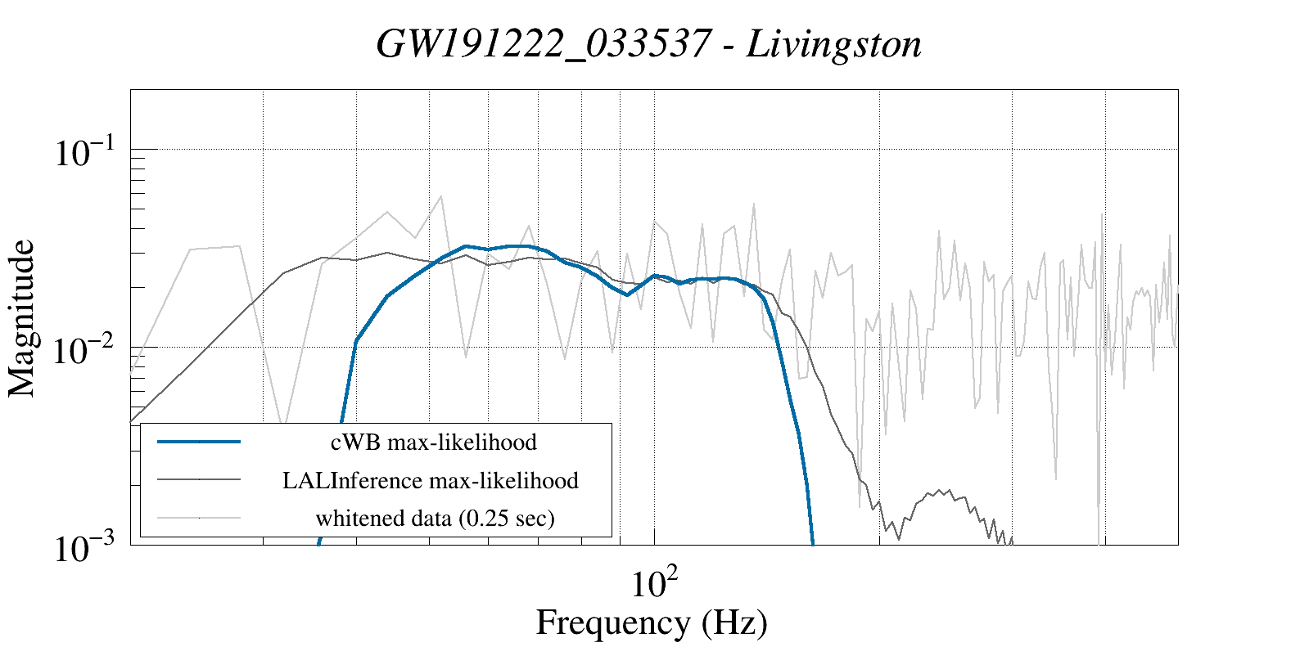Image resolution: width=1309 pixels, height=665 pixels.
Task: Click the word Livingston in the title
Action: pos(833,44)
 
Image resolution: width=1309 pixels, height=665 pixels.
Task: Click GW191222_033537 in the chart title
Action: pos(543,44)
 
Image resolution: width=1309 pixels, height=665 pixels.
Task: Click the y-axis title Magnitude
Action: pos(22,319)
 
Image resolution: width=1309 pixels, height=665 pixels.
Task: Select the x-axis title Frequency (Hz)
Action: pos(652,622)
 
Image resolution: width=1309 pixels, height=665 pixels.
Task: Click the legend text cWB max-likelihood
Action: pos(433,443)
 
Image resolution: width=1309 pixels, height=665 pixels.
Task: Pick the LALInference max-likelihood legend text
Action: pos(430,480)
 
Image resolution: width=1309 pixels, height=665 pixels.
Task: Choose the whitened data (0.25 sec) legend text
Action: pos(435,518)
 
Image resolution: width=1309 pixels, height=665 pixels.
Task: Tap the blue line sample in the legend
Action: pos(199,442)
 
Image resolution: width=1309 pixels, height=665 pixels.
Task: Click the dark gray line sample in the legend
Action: pos(199,479)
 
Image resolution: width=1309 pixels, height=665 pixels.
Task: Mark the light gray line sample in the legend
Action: pos(199,517)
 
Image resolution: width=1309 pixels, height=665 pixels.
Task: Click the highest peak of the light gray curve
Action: pos(440,196)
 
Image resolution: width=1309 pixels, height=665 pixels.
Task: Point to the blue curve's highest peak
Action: pos(465,245)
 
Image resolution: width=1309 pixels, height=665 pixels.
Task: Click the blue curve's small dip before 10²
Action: pos(627,294)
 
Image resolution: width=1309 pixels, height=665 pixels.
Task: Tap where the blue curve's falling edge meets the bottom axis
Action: pos(813,543)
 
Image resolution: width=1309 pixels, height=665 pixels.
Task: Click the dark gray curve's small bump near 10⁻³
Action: pos(948,491)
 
